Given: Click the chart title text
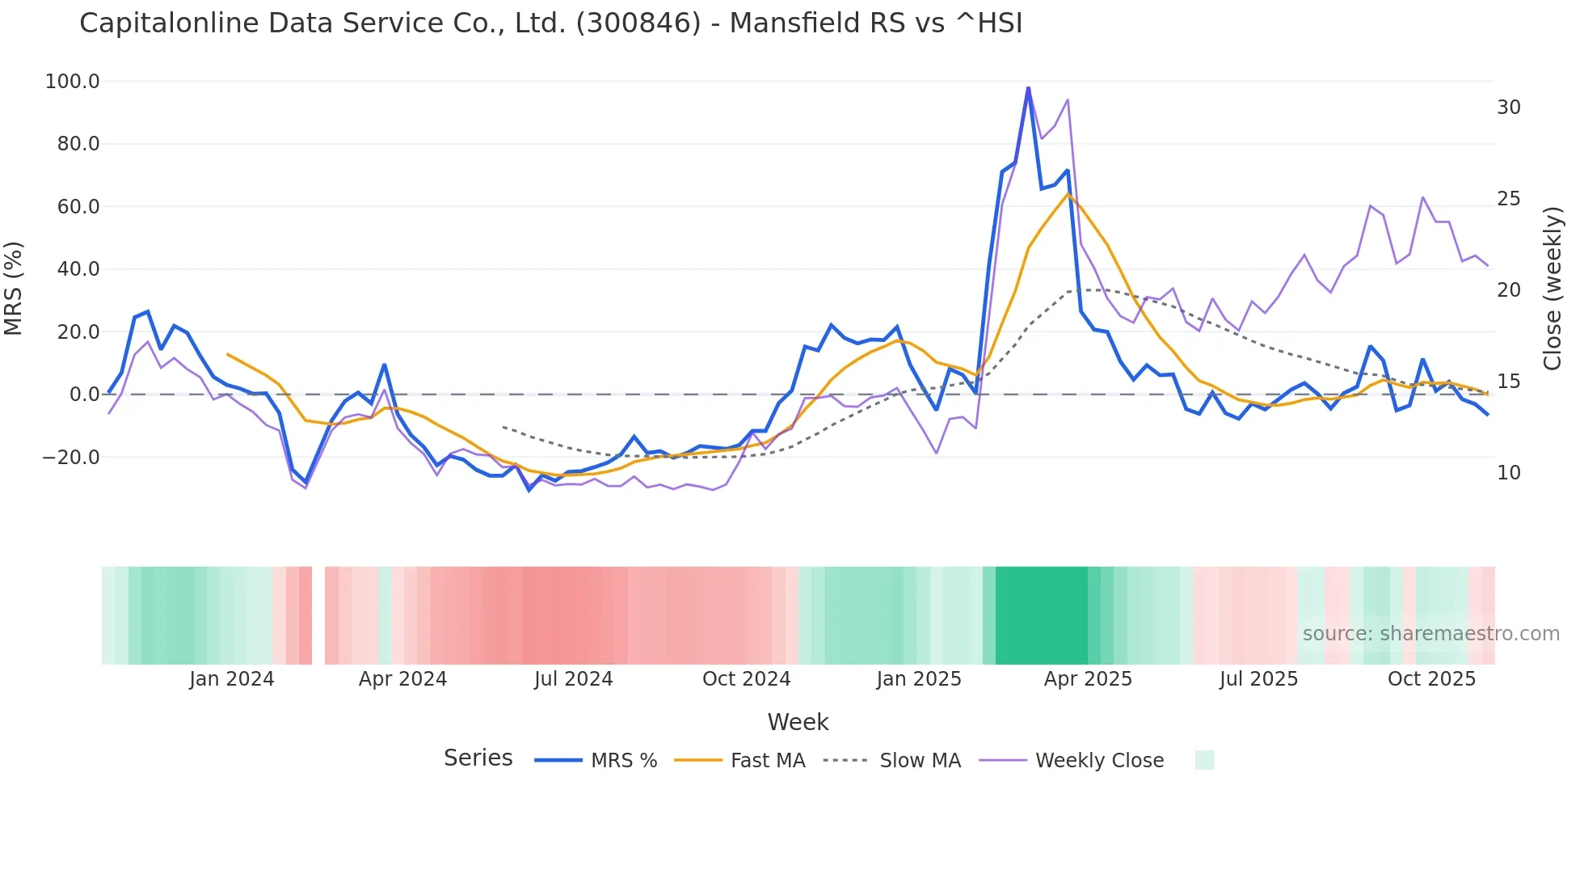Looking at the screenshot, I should (x=550, y=23).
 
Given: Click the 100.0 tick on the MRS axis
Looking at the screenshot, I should (x=72, y=82).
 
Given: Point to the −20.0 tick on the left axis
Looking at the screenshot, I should (x=70, y=458).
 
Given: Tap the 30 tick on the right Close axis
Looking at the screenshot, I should (x=1508, y=108).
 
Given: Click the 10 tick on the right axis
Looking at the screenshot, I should (x=1508, y=473).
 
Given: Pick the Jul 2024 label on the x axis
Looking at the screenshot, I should (x=573, y=679).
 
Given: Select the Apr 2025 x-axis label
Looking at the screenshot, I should (x=1087, y=679).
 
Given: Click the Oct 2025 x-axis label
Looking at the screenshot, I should (x=1431, y=679).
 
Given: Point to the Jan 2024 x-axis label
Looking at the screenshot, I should (x=231, y=679).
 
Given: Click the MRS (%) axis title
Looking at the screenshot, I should (x=14, y=289).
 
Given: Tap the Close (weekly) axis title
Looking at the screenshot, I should (x=1552, y=289).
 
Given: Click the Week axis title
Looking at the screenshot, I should (x=798, y=722).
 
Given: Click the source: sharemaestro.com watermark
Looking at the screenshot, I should (x=1430, y=634).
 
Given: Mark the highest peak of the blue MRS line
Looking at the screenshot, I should (x=1028, y=87).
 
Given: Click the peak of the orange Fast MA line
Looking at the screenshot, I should (x=1068, y=194).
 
